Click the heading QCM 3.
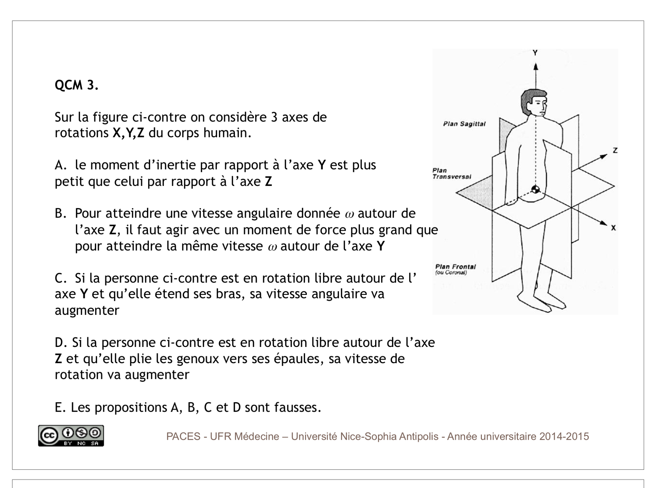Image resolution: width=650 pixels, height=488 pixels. (x=76, y=85)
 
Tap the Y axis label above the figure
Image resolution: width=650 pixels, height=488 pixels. (x=535, y=53)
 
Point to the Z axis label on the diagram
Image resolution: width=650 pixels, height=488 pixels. (x=615, y=151)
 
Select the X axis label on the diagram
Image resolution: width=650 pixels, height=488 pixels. (x=614, y=228)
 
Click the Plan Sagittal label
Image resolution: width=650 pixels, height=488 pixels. (x=464, y=124)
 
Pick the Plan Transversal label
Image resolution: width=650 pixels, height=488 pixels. (x=452, y=174)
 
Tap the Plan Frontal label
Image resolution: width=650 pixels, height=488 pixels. (x=455, y=267)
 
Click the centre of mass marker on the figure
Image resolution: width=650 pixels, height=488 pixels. (x=535, y=190)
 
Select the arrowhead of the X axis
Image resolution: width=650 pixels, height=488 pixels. (x=603, y=223)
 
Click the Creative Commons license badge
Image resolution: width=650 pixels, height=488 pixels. (x=71, y=436)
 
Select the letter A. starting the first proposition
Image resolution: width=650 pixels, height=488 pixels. (x=61, y=165)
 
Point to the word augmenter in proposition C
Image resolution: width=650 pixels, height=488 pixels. (x=87, y=310)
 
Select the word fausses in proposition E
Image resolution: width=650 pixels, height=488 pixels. (x=298, y=407)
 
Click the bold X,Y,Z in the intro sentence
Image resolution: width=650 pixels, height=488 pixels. (x=129, y=133)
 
